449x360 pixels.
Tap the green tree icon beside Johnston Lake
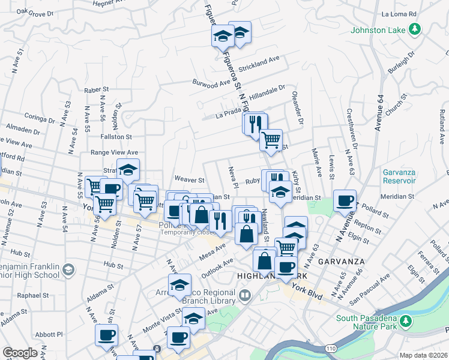(414, 28)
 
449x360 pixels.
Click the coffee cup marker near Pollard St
(345, 200)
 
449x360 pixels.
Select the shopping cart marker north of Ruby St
(271, 140)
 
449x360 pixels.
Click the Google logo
(19, 353)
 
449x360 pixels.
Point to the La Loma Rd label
(415, 14)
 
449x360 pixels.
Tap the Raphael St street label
(34, 295)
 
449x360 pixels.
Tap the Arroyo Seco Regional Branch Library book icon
(245, 295)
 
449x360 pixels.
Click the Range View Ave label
(114, 153)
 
